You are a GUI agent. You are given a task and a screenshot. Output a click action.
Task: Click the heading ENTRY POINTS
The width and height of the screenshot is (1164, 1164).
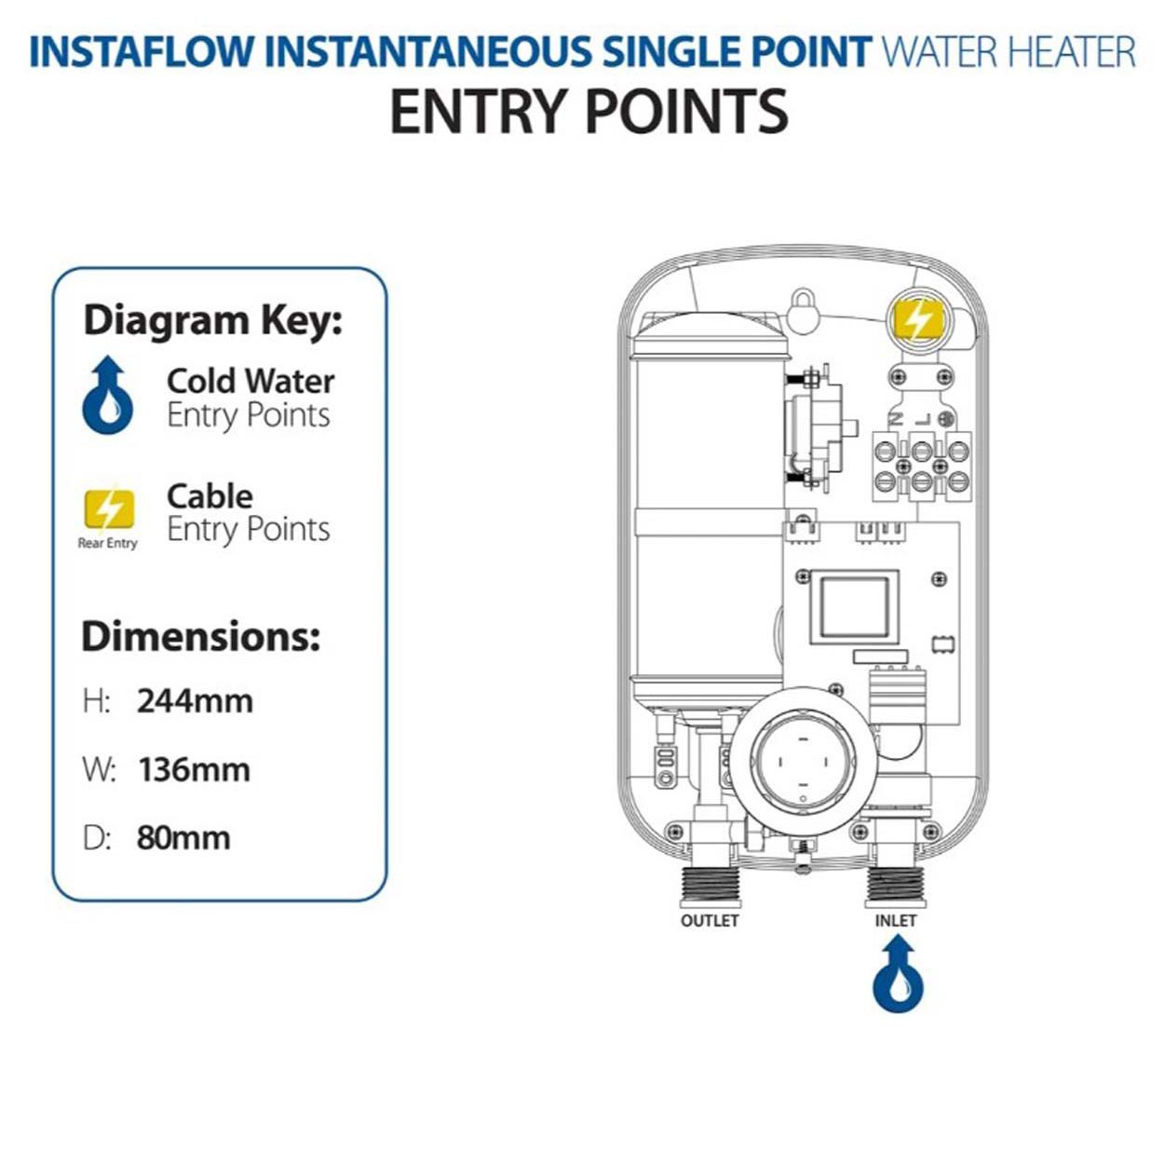click(x=589, y=112)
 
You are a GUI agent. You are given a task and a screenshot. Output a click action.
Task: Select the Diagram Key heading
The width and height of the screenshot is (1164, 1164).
click(x=213, y=320)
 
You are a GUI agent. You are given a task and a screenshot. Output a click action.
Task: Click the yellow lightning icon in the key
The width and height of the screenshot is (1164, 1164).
click(x=108, y=510)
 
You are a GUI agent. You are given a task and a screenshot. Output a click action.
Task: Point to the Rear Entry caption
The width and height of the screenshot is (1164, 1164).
click(x=108, y=543)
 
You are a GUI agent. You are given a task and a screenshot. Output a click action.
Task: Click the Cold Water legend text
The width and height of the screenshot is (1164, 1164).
click(x=250, y=381)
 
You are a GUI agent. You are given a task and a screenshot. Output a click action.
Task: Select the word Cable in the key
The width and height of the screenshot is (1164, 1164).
click(x=210, y=495)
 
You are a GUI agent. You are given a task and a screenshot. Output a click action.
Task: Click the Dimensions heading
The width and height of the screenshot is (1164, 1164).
click(x=200, y=636)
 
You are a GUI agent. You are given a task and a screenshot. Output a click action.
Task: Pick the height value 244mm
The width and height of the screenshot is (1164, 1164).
click(x=195, y=700)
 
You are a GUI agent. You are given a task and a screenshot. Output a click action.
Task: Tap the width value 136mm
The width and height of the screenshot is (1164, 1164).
click(x=194, y=770)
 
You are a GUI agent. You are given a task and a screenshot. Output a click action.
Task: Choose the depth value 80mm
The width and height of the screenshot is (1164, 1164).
click(x=183, y=838)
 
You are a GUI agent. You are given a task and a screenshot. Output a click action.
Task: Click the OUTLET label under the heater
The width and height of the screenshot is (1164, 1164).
click(x=710, y=921)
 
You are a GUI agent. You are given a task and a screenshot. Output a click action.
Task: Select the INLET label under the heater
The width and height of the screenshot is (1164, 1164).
click(x=896, y=921)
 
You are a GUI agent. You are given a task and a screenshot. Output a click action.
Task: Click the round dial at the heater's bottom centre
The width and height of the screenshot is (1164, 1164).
click(x=802, y=763)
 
